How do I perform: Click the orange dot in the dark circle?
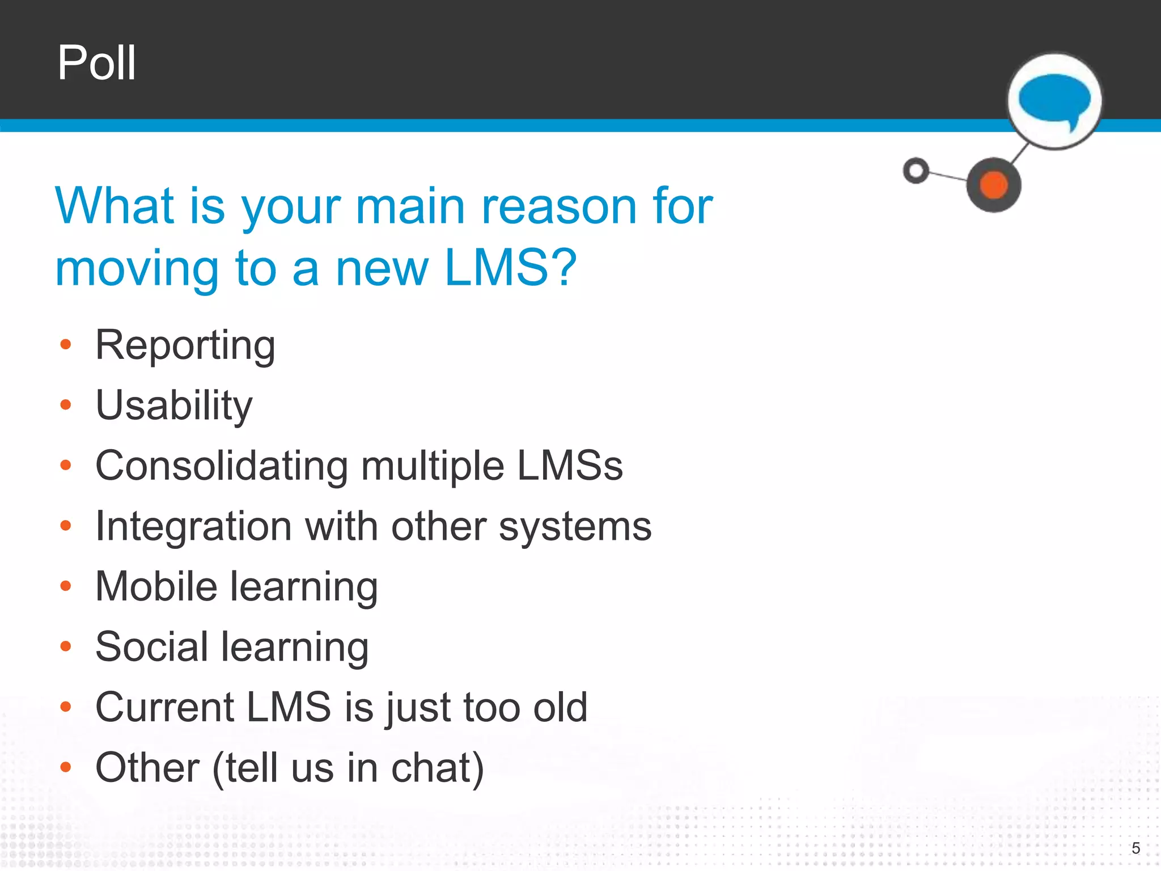[994, 185]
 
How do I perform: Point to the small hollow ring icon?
[916, 170]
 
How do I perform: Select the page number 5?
[1135, 848]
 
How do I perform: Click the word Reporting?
[185, 346]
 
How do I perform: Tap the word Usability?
[174, 406]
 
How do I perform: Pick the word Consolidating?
[222, 466]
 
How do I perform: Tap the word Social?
[152, 647]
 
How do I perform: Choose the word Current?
[165, 707]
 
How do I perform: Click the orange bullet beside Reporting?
[66, 344]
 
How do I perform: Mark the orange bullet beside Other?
[66, 768]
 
